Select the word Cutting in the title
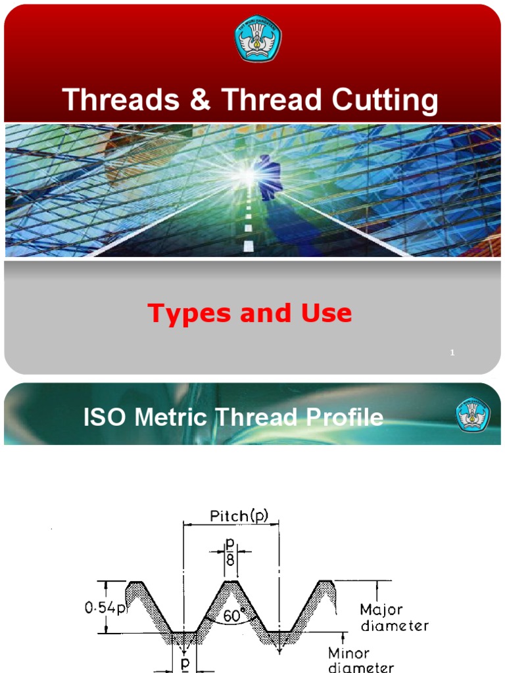coord(384,101)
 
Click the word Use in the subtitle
coord(326,313)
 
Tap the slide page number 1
coord(452,354)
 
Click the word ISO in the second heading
coord(102,417)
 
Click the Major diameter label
coord(395,617)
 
